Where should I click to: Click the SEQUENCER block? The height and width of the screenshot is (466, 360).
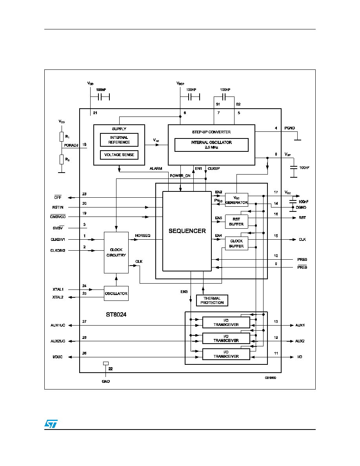tap(187, 231)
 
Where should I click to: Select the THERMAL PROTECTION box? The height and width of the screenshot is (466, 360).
tap(212, 300)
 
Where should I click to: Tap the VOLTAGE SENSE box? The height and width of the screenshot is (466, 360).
tap(119, 155)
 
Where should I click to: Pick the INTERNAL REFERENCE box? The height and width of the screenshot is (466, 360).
tap(119, 140)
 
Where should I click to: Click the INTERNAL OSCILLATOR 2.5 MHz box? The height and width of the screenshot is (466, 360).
tap(211, 145)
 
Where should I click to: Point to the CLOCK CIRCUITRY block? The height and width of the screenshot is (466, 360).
tap(116, 252)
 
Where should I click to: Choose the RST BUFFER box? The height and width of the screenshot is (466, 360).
tap(236, 222)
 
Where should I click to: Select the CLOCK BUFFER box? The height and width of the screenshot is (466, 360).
tap(236, 244)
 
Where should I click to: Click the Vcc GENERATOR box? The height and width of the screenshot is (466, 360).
tap(236, 200)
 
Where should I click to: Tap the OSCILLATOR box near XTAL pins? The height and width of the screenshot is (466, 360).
tap(116, 294)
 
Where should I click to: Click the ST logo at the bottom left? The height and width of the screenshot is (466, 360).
tap(51, 424)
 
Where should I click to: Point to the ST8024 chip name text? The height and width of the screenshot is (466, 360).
tap(116, 315)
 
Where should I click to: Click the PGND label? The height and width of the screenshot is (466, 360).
tap(289, 128)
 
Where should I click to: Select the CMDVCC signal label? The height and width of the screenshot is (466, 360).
tap(58, 217)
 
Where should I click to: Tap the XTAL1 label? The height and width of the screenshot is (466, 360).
tap(58, 289)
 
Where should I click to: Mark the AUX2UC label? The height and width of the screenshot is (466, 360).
tap(58, 341)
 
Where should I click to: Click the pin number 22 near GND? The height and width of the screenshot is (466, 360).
tap(111, 369)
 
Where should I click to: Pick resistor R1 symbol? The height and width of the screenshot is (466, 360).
tap(62, 137)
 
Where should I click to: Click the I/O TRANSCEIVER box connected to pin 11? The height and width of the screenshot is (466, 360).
tap(226, 354)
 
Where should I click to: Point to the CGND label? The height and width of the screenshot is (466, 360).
tap(301, 208)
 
